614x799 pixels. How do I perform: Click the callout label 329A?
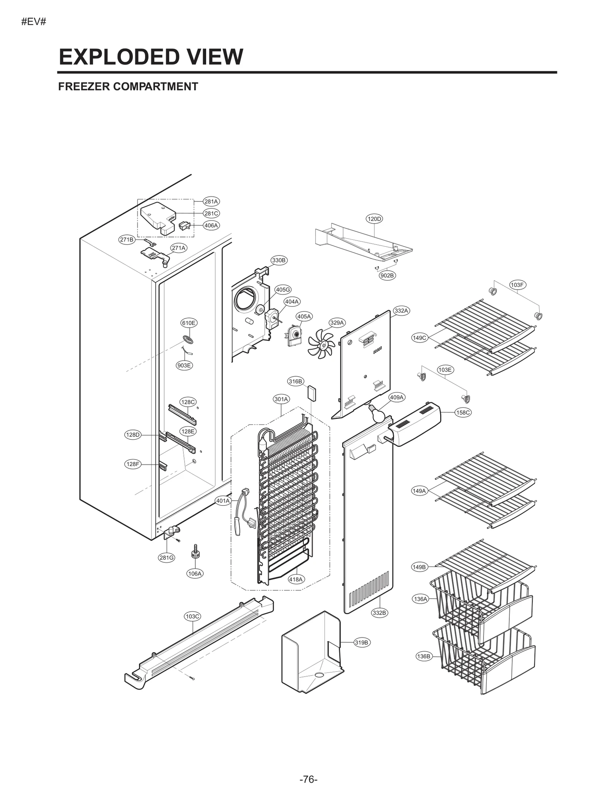(337, 323)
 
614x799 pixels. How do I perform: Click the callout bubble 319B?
(361, 642)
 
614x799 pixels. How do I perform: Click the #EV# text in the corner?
(34, 22)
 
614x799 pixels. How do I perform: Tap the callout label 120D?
(374, 219)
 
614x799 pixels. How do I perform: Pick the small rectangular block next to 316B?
(312, 393)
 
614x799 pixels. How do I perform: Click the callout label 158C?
(462, 412)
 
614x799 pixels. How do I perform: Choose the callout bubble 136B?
(423, 656)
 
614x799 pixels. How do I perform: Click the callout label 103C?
(192, 616)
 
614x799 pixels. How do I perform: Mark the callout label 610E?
(188, 323)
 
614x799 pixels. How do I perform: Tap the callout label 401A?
(223, 501)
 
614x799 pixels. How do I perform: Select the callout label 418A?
(296, 579)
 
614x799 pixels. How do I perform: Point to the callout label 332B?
(379, 613)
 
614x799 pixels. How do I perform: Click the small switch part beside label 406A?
(185, 226)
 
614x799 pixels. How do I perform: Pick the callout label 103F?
(517, 285)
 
